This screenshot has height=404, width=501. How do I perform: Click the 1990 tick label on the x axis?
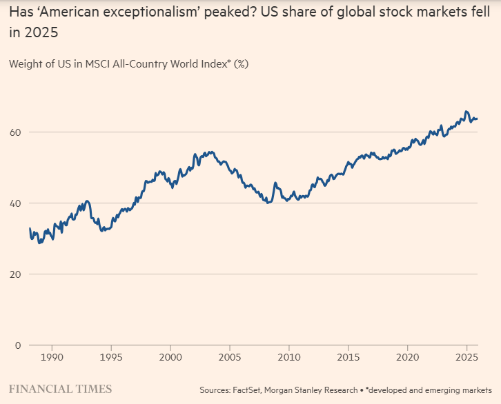(x=53, y=358)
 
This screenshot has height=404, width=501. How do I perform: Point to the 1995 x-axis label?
(x=112, y=358)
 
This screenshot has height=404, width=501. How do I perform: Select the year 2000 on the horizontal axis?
(x=171, y=358)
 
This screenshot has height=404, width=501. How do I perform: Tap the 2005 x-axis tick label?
(x=230, y=358)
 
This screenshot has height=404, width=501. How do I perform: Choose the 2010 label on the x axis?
(x=290, y=358)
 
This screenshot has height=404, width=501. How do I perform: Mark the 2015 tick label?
(x=348, y=358)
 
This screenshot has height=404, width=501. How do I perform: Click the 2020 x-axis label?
(x=408, y=358)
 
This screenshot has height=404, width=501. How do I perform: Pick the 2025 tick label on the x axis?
(x=466, y=358)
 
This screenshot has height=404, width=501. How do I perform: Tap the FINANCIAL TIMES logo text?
(x=60, y=390)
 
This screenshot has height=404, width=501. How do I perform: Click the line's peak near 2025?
(x=466, y=111)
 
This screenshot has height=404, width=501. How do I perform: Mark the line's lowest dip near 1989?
(x=39, y=243)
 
